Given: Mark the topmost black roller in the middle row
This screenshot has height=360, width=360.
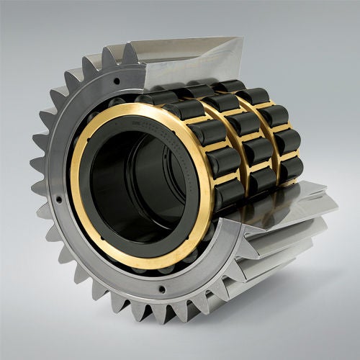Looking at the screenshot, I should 194,91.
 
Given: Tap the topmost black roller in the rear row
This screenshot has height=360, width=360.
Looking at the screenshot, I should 229,86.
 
